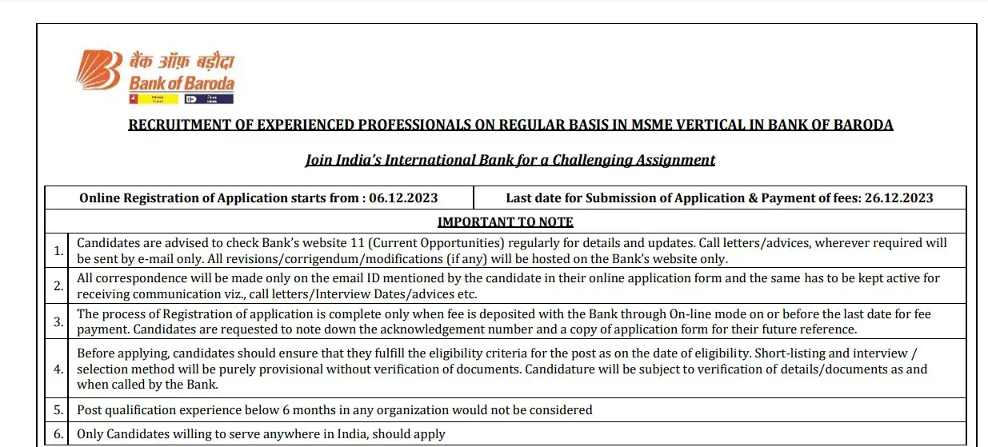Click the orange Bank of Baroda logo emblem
(x=98, y=70)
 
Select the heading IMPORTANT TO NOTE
(x=505, y=222)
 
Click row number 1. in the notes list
(x=58, y=250)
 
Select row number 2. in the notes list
(x=58, y=285)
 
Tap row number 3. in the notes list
(x=58, y=321)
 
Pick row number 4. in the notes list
(x=58, y=369)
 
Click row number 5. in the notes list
(x=58, y=410)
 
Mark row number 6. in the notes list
(x=58, y=434)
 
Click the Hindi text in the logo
(x=182, y=62)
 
